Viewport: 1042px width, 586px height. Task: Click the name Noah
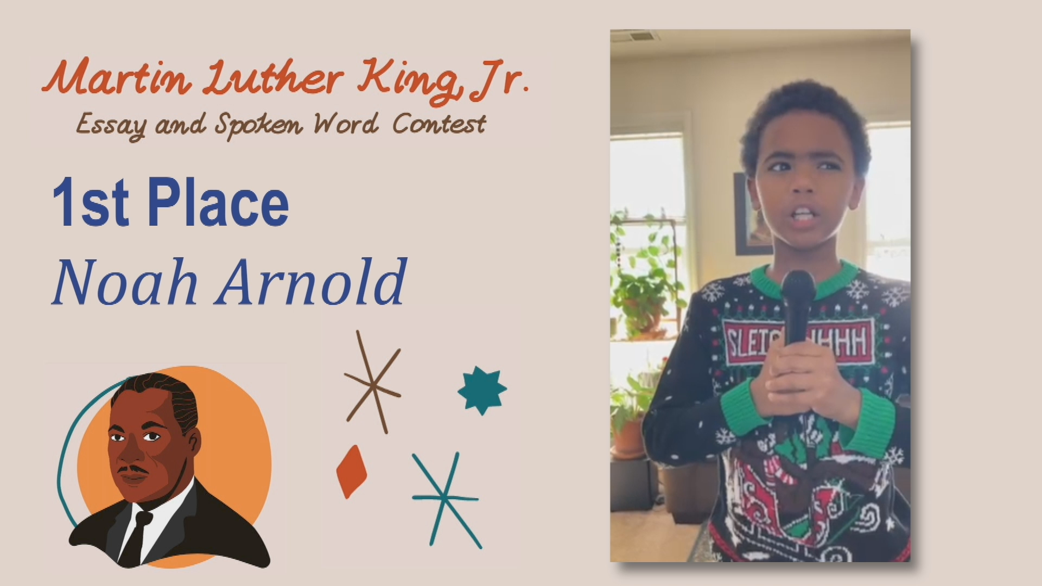pyautogui.click(x=124, y=282)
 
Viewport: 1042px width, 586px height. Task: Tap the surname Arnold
pyautogui.click(x=311, y=282)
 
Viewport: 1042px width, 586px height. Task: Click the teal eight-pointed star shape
pyautogui.click(x=482, y=390)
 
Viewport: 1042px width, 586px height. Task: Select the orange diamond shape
pyautogui.click(x=352, y=472)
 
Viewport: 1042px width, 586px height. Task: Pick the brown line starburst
pyautogui.click(x=373, y=383)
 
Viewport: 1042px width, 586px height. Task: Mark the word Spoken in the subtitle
pyautogui.click(x=258, y=125)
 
